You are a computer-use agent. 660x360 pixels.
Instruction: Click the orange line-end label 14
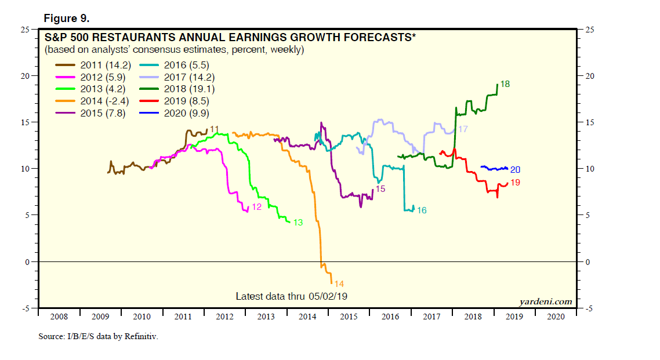tap(339, 284)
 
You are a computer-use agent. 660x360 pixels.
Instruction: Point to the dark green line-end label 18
tap(505, 85)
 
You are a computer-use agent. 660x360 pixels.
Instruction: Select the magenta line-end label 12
tap(256, 207)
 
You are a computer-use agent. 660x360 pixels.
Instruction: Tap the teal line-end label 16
tap(422, 210)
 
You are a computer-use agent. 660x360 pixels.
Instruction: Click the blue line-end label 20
tap(515, 170)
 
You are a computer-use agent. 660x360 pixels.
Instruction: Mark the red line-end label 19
tap(515, 183)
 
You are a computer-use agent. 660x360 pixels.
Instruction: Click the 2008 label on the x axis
tap(59, 317)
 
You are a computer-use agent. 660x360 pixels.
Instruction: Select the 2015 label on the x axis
tap(349, 317)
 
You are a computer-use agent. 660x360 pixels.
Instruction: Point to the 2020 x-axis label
tap(556, 317)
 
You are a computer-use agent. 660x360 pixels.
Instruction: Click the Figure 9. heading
tap(67, 18)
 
